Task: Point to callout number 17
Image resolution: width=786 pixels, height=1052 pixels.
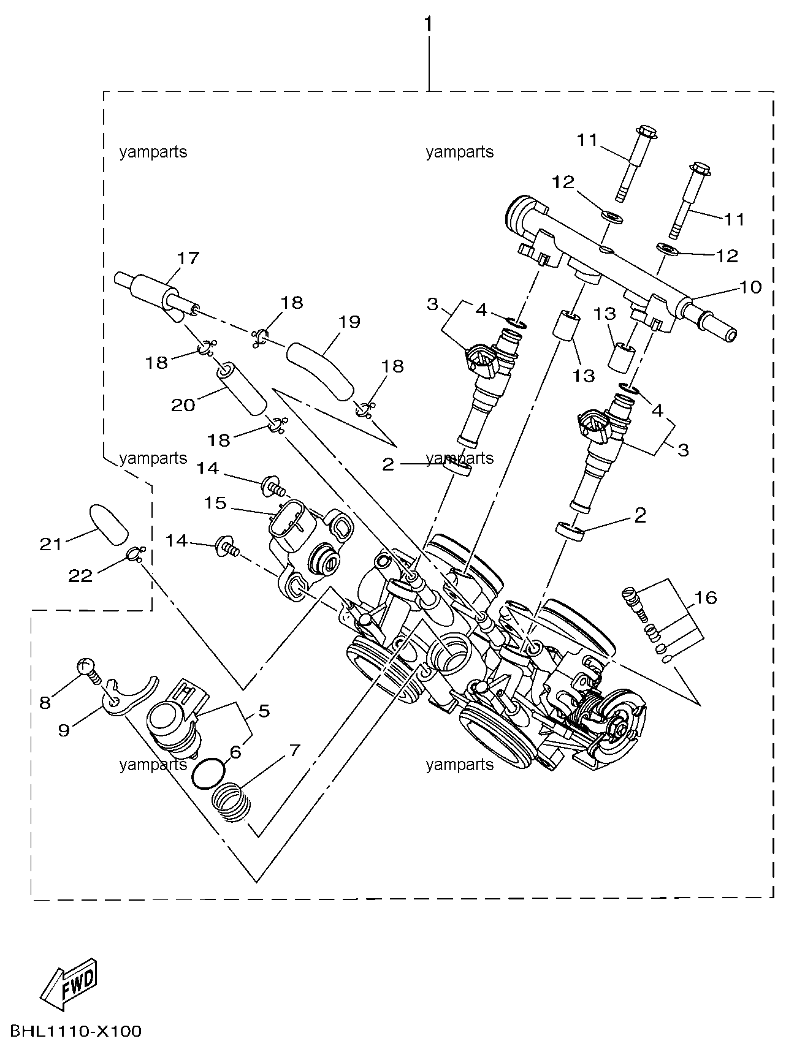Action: tap(188, 258)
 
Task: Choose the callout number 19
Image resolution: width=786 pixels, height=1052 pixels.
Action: tap(349, 322)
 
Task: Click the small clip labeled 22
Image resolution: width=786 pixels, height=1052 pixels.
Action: tap(136, 554)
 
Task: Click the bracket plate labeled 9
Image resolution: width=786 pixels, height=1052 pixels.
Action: tap(126, 698)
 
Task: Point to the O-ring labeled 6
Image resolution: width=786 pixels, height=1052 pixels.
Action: tap(208, 773)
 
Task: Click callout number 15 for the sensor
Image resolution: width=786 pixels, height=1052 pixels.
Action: tap(215, 503)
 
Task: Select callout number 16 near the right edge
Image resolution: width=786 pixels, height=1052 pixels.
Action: tap(705, 597)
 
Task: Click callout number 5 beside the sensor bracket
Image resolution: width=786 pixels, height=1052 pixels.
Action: tap(264, 711)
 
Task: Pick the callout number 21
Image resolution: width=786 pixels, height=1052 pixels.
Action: tap(51, 543)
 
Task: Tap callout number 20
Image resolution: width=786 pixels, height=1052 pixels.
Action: tap(183, 405)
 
